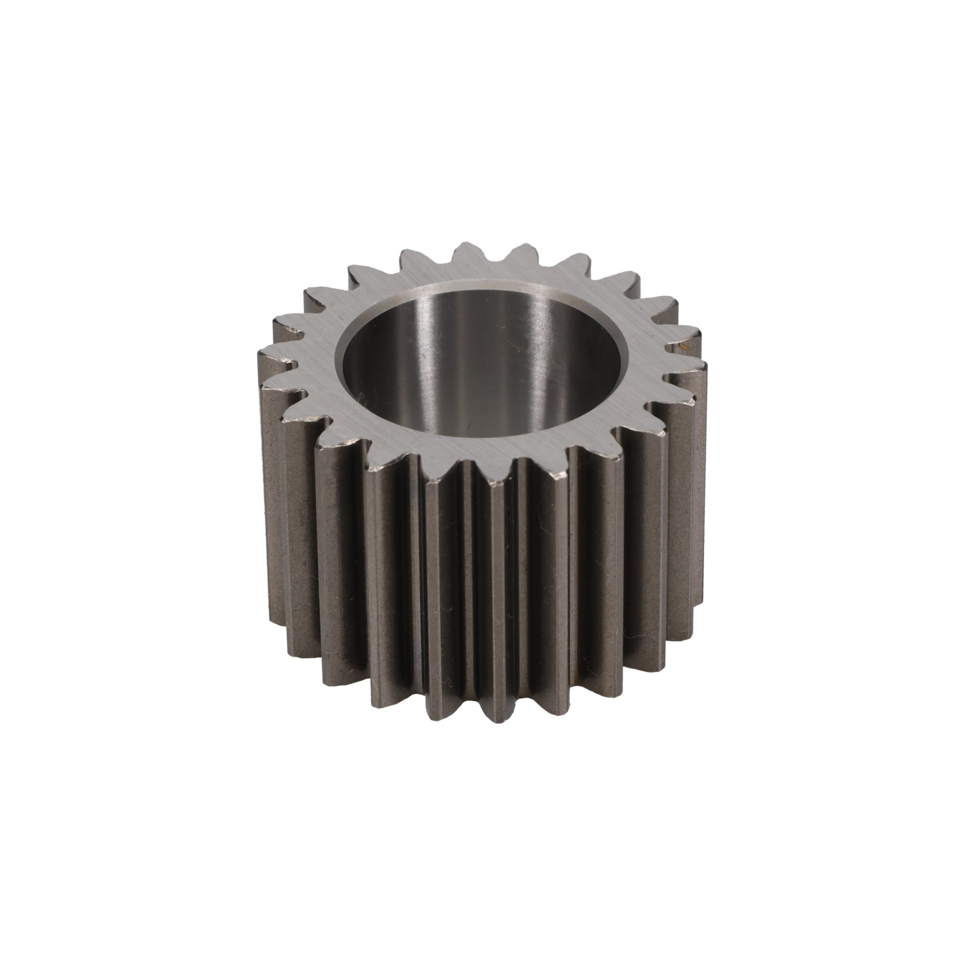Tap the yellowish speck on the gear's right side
point(683,345)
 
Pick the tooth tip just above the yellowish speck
point(687,330)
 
